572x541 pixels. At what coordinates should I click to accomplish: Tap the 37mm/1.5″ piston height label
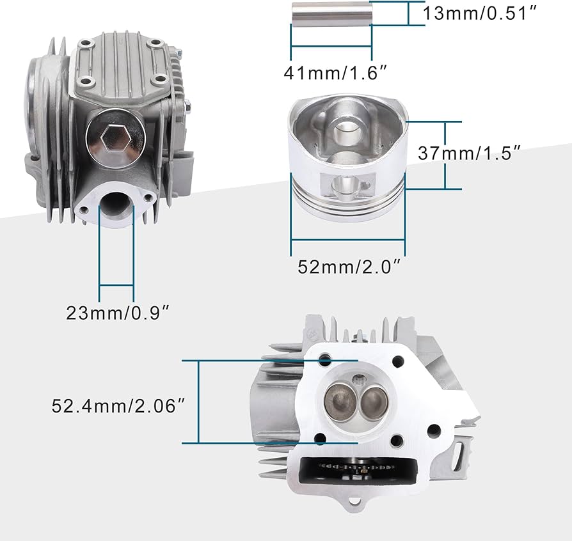tap(468, 153)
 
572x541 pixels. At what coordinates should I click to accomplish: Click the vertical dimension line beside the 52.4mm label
tap(199, 401)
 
